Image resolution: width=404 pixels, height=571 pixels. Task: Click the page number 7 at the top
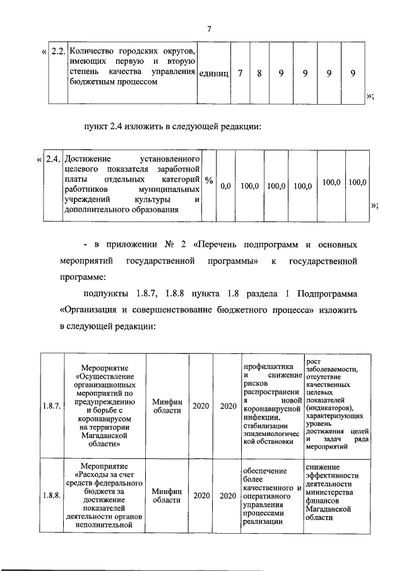(209, 28)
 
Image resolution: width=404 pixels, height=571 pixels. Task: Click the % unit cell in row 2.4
(209, 181)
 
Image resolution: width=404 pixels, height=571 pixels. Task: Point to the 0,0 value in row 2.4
(225, 186)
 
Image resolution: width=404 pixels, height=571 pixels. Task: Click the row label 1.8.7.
(52, 406)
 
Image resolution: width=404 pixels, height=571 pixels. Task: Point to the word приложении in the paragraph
(123, 244)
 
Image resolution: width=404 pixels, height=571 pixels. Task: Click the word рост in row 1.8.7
(312, 361)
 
